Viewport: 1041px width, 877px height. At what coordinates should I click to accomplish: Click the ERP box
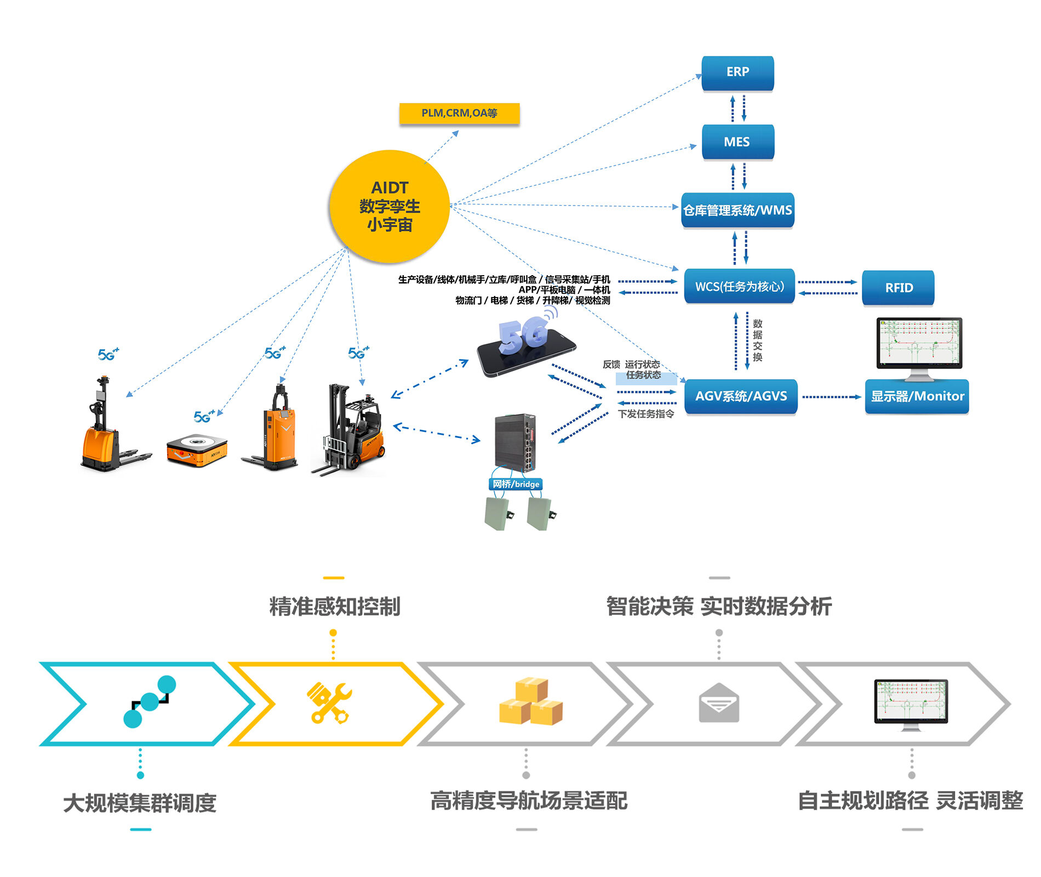tap(737, 72)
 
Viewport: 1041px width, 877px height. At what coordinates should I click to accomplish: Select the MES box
tap(737, 142)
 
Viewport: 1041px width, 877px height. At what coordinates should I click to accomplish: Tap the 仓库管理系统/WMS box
tap(737, 210)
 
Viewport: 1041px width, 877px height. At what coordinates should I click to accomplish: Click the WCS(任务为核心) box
tap(739, 286)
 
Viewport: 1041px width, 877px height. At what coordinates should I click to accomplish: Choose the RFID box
tap(898, 288)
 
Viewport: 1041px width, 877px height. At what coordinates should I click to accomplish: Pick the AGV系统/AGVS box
tap(741, 396)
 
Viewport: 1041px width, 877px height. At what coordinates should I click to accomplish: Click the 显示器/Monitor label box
tap(917, 396)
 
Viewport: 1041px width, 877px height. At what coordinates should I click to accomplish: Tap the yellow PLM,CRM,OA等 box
tap(459, 113)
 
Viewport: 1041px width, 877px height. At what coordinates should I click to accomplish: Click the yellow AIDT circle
tap(390, 206)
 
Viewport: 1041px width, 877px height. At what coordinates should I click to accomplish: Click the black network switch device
tap(515, 443)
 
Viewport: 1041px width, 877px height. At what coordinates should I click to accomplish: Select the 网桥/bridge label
tap(516, 484)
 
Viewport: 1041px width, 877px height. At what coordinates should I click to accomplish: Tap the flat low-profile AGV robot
tap(197, 449)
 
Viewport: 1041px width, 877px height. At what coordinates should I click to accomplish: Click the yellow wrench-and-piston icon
tap(329, 703)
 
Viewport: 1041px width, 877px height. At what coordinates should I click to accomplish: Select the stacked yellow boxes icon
tap(530, 702)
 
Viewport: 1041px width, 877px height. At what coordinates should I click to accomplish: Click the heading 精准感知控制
tap(334, 607)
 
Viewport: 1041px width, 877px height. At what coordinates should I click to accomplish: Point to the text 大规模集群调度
tap(140, 803)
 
